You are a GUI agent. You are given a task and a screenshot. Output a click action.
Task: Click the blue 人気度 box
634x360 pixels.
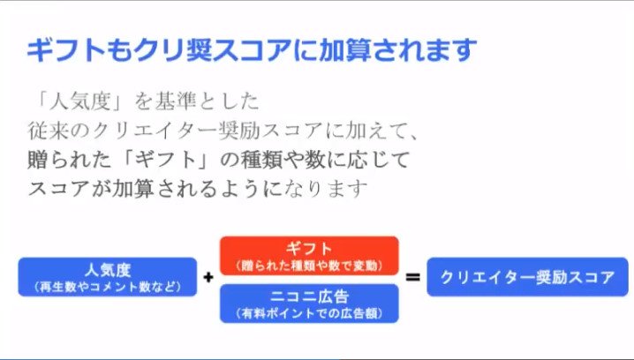(107, 276)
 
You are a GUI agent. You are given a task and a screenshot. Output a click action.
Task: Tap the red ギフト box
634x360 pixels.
(309, 255)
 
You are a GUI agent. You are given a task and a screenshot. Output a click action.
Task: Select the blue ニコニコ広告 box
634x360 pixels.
(309, 303)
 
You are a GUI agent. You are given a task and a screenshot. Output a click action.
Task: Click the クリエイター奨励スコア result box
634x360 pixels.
(527, 276)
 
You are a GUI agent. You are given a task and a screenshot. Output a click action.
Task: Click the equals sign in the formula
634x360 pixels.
(412, 278)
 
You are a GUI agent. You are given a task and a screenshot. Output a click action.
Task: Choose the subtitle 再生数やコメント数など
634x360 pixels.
(106, 288)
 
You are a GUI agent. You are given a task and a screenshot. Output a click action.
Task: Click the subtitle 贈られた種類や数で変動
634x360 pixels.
(308, 266)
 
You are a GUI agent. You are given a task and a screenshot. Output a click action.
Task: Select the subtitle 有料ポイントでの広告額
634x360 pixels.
(308, 313)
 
